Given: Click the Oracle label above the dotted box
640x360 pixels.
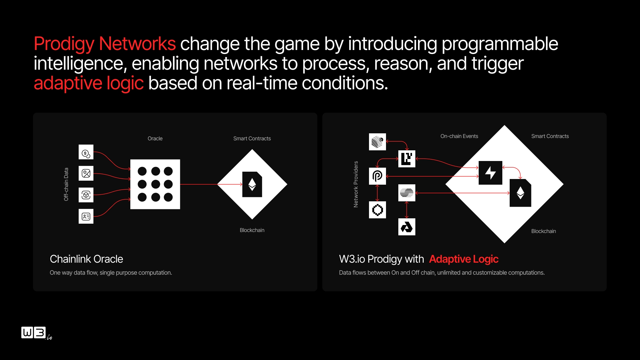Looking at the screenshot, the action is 155,138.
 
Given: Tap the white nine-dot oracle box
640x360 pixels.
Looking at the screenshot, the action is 155,184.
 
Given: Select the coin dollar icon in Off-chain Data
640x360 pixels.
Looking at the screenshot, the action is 86,152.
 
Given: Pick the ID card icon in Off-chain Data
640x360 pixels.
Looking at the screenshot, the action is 86,216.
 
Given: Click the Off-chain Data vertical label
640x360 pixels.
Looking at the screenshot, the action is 66,184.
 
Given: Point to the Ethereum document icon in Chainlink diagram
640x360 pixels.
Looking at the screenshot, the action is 252,184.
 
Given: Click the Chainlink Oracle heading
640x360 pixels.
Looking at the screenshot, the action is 86,259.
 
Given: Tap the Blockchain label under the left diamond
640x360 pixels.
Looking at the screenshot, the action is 252,230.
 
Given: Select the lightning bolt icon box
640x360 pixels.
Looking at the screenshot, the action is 490,173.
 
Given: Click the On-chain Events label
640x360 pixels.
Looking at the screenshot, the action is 459,136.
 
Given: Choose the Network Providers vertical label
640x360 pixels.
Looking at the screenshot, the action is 356,184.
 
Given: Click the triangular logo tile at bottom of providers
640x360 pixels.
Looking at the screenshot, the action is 407,227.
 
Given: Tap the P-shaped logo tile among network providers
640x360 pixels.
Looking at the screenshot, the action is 377,176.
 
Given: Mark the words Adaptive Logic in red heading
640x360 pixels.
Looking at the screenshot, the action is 464,259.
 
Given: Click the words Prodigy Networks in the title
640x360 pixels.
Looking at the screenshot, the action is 105,44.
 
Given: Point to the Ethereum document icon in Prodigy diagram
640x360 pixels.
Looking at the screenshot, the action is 520,193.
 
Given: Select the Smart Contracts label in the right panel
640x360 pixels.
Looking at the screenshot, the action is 550,136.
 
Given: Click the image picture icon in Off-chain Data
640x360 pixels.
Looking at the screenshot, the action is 86,173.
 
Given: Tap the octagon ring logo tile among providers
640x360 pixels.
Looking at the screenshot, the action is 377,210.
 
